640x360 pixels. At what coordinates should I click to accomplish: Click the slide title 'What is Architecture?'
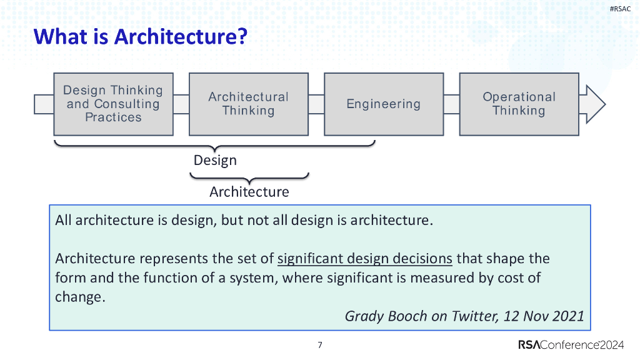[x=141, y=37]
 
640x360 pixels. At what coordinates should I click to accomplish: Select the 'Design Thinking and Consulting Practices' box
[x=113, y=104]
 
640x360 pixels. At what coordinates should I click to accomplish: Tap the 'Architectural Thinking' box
[x=248, y=104]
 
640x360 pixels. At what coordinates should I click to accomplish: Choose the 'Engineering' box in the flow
[x=383, y=104]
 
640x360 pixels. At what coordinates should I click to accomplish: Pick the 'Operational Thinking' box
[x=519, y=104]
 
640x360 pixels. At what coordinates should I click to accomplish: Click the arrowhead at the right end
[x=594, y=104]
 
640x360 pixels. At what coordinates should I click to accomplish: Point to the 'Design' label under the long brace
[x=215, y=160]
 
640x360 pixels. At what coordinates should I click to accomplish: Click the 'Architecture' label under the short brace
[x=249, y=191]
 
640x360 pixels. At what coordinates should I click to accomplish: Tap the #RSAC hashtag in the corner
[x=620, y=8]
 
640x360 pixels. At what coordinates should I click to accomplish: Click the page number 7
[x=320, y=345]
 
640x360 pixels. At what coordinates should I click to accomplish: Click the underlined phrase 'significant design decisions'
[x=364, y=259]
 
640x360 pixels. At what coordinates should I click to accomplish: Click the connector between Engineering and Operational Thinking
[x=451, y=104]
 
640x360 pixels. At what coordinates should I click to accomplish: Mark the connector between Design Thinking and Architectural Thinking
[x=181, y=104]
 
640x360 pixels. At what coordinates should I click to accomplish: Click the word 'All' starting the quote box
[x=64, y=220]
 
